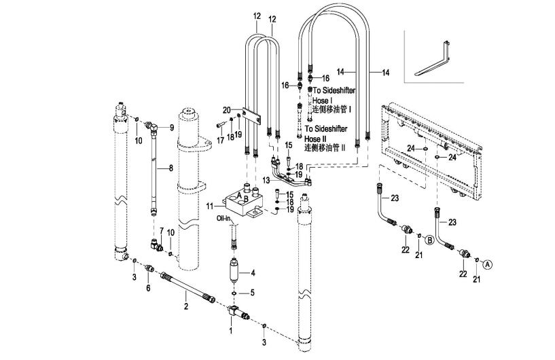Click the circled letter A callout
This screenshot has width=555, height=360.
tap(488, 264)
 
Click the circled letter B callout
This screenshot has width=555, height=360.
tap(429, 240)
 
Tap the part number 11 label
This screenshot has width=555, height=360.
tap(211, 206)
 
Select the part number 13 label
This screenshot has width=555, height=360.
tap(266, 181)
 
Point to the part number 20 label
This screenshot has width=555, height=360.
tap(226, 110)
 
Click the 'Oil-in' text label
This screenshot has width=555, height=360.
tap(223, 219)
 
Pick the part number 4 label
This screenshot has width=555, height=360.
tap(253, 273)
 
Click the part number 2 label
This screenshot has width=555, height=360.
tap(186, 306)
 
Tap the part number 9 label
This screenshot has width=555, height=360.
tap(172, 128)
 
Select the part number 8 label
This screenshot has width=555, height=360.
tap(171, 168)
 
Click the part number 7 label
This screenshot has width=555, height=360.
tap(162, 231)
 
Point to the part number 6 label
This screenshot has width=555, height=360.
tap(148, 289)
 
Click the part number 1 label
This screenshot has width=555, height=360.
tap(231, 331)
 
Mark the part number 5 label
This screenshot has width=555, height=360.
tap(253, 293)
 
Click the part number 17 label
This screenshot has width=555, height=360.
tap(220, 141)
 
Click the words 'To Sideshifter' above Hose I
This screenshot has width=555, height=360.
tap(334, 90)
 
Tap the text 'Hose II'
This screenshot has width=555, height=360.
tap(313, 139)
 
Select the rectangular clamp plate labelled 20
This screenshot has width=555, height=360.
tap(251, 115)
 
